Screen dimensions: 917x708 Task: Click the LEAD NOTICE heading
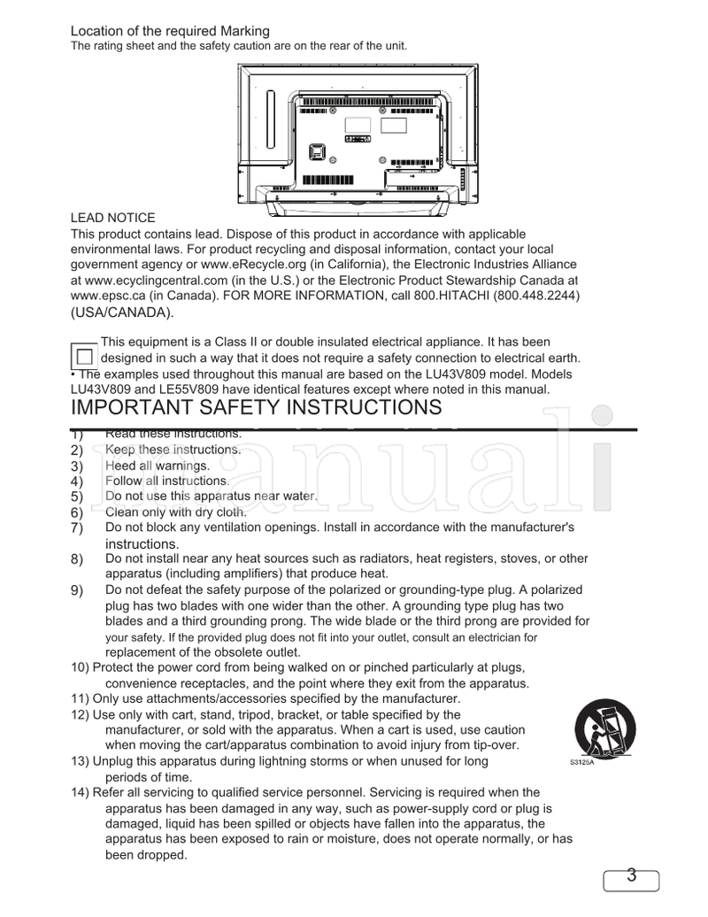(112, 218)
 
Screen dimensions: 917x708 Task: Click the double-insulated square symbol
(83, 357)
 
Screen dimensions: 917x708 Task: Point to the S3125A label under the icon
(581, 762)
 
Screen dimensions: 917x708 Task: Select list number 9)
(77, 590)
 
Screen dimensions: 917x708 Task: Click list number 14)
(81, 792)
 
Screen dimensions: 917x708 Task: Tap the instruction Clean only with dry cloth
(175, 512)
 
